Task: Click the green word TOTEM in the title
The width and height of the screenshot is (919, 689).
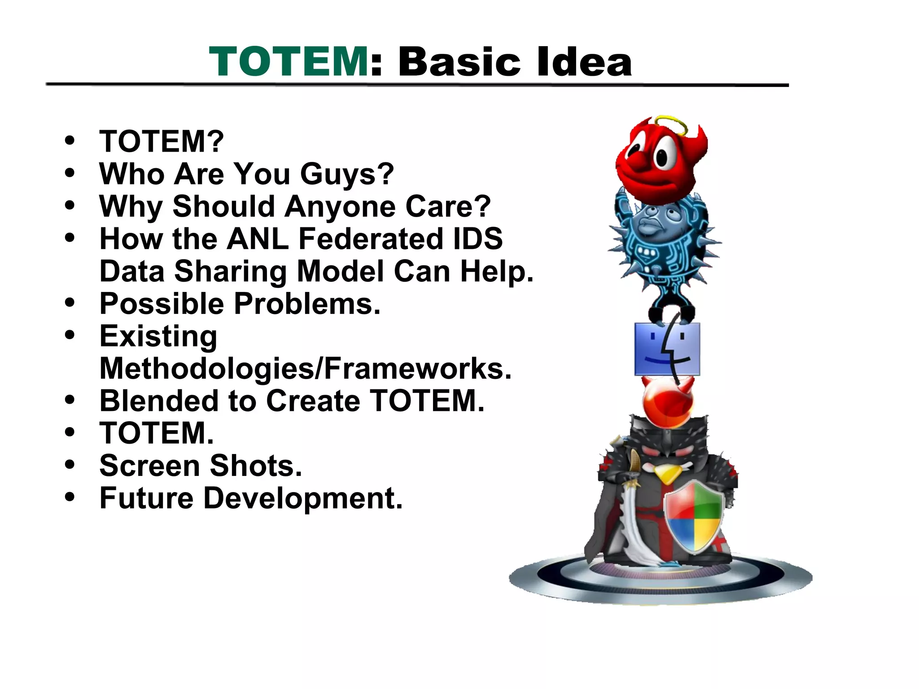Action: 289,62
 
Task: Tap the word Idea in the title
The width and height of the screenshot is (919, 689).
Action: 584,62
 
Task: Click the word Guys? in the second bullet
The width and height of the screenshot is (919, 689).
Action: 347,174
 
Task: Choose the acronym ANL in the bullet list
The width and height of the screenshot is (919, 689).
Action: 258,239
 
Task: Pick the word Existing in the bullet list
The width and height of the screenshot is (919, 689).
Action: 158,336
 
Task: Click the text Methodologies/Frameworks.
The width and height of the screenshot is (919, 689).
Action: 305,369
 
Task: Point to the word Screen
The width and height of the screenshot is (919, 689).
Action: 149,466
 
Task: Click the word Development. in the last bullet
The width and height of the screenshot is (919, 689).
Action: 303,498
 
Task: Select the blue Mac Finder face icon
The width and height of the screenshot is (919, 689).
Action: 667,349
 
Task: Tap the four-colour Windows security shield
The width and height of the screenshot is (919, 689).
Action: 694,516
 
